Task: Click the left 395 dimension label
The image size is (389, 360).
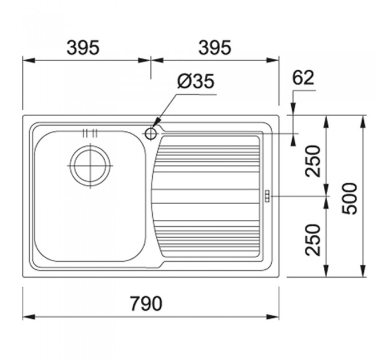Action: pos(83,47)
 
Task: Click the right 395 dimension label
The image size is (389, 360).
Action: pos(215,47)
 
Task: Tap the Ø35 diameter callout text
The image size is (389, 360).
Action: pos(196,81)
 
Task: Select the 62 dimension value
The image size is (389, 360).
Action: pos(303,78)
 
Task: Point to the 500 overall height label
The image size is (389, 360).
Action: pos(350,198)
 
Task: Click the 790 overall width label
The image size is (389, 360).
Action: pos(146,303)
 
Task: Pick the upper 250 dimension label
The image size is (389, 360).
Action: pos(313,161)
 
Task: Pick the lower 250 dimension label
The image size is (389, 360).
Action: pos(313,239)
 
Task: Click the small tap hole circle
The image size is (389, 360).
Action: pos(150,134)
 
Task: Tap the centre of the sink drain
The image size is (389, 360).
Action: pos(90,166)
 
